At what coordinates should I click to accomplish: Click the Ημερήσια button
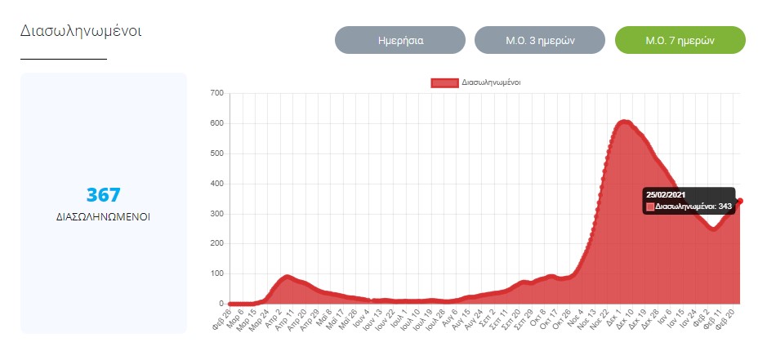pyautogui.click(x=400, y=40)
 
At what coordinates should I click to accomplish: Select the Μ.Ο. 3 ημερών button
pyautogui.click(x=540, y=40)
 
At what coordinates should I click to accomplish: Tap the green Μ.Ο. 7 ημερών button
pyautogui.click(x=680, y=40)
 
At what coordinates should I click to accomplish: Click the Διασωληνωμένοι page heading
pyautogui.click(x=82, y=31)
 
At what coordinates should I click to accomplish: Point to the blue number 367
pyautogui.click(x=104, y=195)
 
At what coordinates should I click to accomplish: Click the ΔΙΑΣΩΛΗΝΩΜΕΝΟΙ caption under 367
pyautogui.click(x=104, y=217)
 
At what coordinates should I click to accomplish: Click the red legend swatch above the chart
pyautogui.click(x=444, y=82)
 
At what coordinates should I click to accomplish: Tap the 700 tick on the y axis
pyautogui.click(x=216, y=93)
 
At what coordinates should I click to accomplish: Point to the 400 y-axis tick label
pyautogui.click(x=216, y=184)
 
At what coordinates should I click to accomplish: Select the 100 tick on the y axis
pyautogui.click(x=216, y=273)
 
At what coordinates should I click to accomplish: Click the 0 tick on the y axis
pyautogui.click(x=221, y=304)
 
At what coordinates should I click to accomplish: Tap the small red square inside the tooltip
pyautogui.click(x=650, y=207)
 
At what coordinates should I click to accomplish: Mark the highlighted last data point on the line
pyautogui.click(x=740, y=201)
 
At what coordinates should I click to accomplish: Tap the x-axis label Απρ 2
pyautogui.click(x=276, y=318)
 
